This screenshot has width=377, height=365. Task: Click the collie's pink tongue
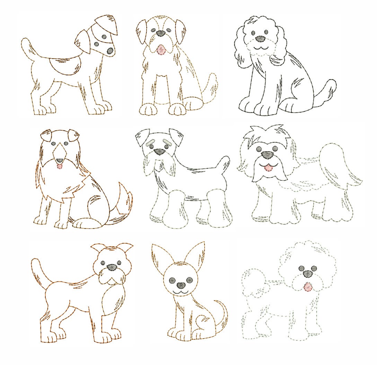tap(60, 167)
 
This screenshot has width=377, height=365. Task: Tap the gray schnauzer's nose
tap(159, 151)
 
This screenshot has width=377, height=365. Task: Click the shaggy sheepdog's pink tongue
tap(267, 168)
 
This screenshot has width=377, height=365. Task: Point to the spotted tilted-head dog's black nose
tap(109, 50)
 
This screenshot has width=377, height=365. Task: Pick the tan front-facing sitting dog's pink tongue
tap(160, 50)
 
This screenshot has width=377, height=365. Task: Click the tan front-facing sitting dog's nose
tap(160, 34)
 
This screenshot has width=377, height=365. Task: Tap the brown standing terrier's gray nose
tap(112, 267)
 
